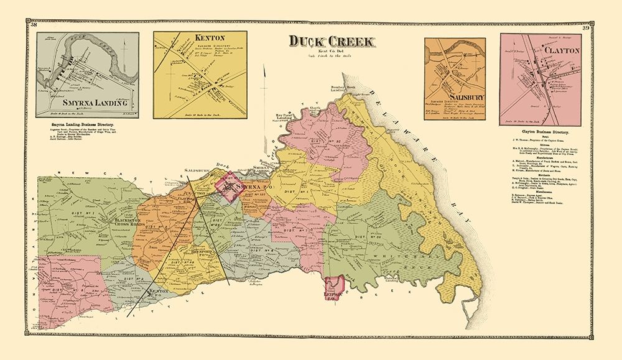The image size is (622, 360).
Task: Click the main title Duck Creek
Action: (332, 42)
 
